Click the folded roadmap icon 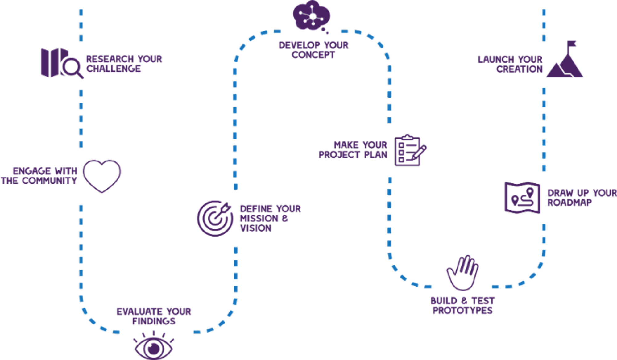pos(522,198)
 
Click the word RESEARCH pos(110,59)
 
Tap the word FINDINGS pos(154,321)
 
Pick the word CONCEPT pos(313,55)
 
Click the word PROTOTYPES pos(462,310)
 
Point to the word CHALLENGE pos(113,68)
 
